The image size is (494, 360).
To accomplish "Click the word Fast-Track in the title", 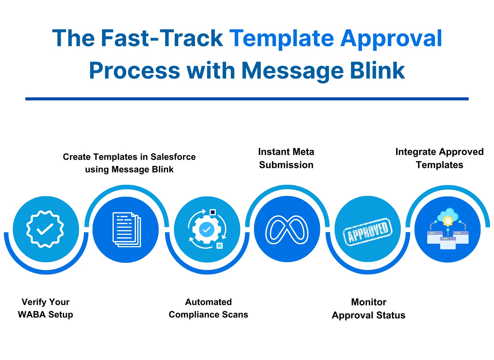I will (162, 38).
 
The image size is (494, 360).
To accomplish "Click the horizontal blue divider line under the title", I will (247, 99).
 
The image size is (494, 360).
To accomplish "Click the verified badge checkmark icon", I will (45, 229).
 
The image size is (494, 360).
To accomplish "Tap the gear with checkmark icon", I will (207, 229).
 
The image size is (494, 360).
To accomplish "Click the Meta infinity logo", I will (287, 230).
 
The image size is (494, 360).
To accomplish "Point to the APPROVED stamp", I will (368, 231).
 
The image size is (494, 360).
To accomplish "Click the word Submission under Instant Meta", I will (286, 165).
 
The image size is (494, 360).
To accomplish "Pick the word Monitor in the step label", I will (369, 302).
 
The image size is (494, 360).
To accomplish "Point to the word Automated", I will (208, 302).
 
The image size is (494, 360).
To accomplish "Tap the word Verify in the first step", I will (34, 302).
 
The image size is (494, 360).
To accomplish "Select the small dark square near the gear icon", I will (213, 212).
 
